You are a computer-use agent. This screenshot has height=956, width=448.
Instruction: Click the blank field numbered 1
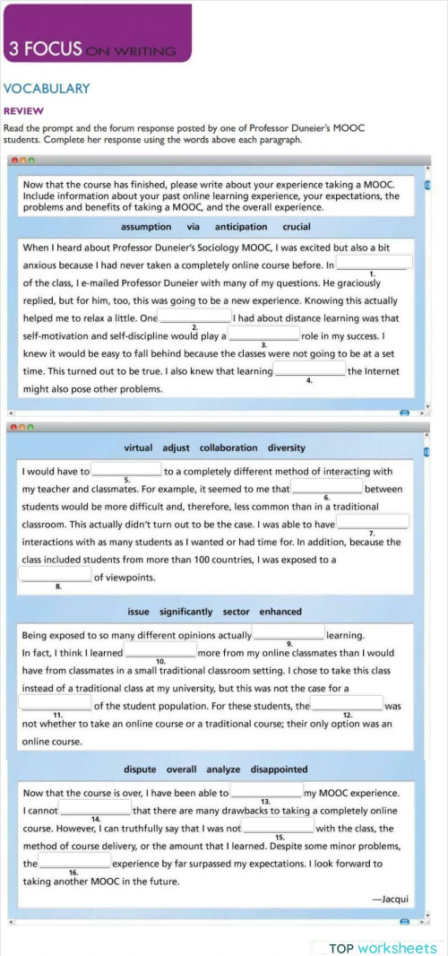[x=375, y=263]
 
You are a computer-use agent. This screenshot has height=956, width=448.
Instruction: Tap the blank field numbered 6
[x=327, y=487]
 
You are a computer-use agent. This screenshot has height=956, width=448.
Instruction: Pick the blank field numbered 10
[x=160, y=651]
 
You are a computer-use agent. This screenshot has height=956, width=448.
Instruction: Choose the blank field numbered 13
[x=266, y=791]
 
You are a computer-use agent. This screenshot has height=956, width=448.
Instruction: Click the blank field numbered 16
[x=74, y=861]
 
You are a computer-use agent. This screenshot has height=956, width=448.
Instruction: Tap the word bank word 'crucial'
[x=297, y=227]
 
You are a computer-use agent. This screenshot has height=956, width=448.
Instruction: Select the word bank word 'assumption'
[x=146, y=227]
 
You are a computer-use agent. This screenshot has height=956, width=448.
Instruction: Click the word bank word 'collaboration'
[x=228, y=448]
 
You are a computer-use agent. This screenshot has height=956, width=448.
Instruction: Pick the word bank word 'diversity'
[x=286, y=448]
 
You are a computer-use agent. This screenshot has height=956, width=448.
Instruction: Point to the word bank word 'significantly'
[x=186, y=612]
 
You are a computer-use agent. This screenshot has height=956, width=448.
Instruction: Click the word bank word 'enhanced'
[x=280, y=612]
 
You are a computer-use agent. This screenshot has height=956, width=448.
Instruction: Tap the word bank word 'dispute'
[x=140, y=769]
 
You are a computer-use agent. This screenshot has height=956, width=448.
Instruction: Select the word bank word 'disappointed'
[x=279, y=769]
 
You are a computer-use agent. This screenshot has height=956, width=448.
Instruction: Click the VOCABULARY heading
[x=47, y=89]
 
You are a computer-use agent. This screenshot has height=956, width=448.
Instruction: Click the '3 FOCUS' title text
[x=45, y=49]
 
